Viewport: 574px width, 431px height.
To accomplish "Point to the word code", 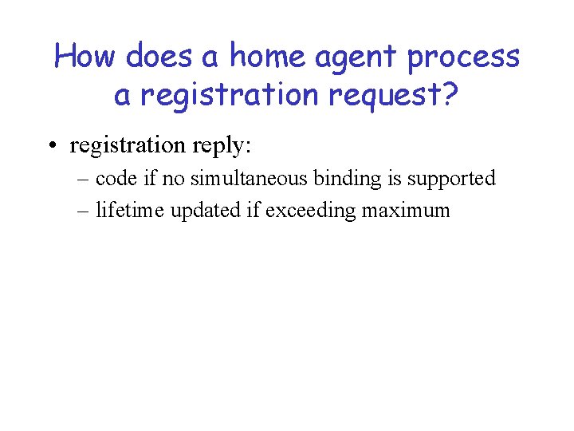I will pyautogui.click(x=116, y=178).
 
